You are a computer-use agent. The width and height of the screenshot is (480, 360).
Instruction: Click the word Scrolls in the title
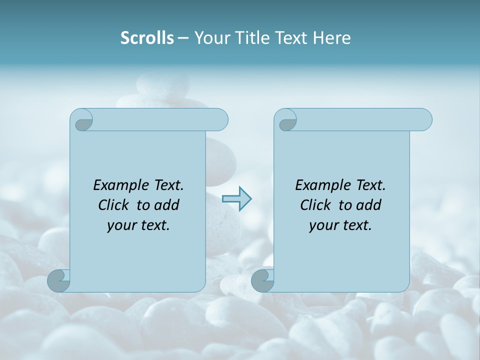[x=147, y=38]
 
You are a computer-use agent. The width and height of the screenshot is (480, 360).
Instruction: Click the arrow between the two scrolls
[x=236, y=199]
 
